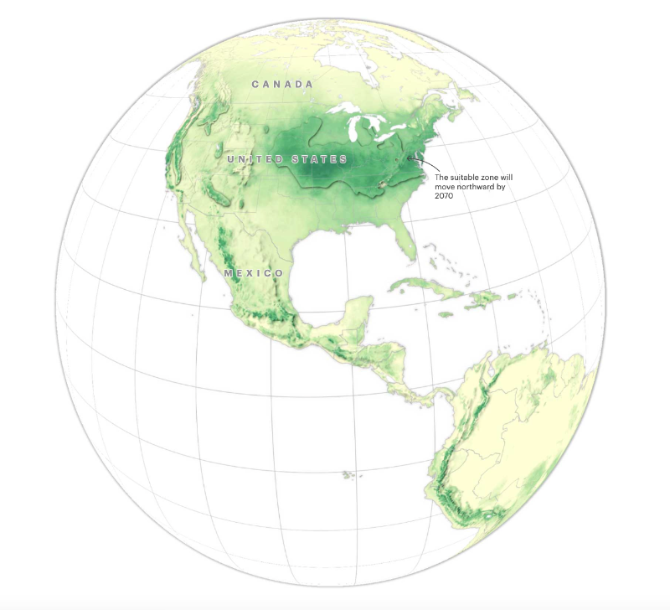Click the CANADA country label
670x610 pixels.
pos(282,85)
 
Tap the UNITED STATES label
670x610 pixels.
pos(287,159)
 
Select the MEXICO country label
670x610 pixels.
pos(254,274)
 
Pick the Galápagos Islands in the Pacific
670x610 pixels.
pos(347,475)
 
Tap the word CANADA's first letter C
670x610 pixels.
pos(255,85)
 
